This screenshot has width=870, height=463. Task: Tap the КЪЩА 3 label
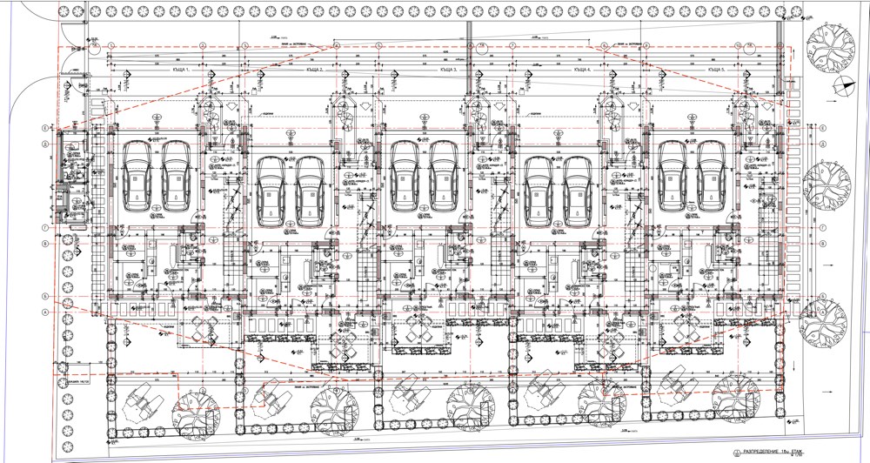[449, 69]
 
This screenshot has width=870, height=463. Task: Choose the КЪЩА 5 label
[717, 69]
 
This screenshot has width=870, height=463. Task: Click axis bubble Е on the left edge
[44, 128]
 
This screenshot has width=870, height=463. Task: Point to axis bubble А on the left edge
[44, 311]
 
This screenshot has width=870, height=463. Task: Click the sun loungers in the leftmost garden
[144, 400]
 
